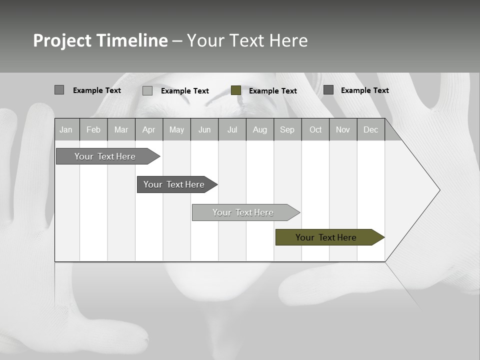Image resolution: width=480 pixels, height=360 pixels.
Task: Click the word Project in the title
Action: [62, 40]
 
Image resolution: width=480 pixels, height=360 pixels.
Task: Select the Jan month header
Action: [66, 129]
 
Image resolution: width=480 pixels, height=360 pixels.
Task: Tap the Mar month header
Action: [121, 129]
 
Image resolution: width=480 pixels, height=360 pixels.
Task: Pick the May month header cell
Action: [176, 129]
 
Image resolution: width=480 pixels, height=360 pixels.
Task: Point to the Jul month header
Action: [232, 129]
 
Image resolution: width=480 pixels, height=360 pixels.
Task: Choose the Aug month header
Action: [259, 129]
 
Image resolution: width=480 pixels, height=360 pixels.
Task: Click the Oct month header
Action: [315, 129]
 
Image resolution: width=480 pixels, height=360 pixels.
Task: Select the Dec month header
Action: [370, 129]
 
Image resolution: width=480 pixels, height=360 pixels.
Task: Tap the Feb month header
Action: [93, 129]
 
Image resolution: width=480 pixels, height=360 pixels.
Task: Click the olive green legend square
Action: [236, 90]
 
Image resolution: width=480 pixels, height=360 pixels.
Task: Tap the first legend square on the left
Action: [59, 90]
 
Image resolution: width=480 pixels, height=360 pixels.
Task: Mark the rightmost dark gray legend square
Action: [328, 90]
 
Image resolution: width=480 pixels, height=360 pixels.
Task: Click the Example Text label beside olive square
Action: [272, 91]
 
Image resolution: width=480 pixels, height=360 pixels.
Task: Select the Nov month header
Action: [343, 129]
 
